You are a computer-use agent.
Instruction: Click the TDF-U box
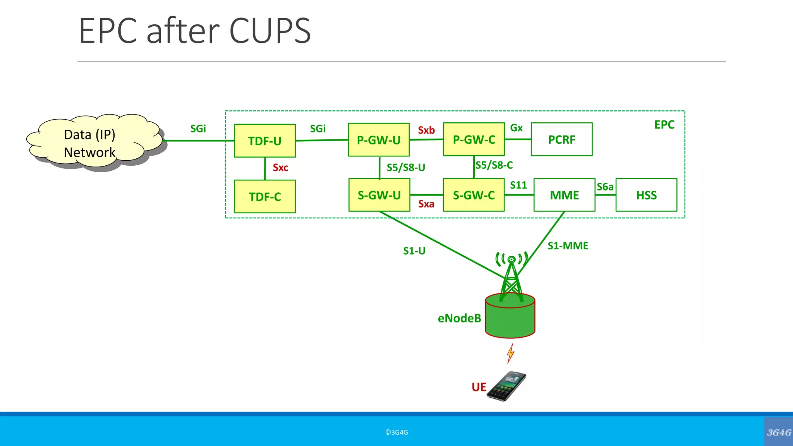pyautogui.click(x=265, y=141)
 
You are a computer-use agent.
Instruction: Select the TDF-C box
pyautogui.click(x=265, y=196)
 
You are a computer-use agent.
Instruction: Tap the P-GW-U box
pyautogui.click(x=379, y=140)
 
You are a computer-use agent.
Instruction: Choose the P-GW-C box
pyautogui.click(x=474, y=139)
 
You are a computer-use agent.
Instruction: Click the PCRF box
pyautogui.click(x=561, y=139)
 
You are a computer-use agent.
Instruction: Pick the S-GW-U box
pyautogui.click(x=379, y=195)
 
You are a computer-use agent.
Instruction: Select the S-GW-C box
pyautogui.click(x=474, y=195)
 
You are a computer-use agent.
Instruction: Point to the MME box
pyautogui.click(x=564, y=195)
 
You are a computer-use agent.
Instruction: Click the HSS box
pyautogui.click(x=646, y=195)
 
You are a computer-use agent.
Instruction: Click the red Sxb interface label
pyautogui.click(x=426, y=130)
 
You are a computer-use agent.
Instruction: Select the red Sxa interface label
pyautogui.click(x=426, y=204)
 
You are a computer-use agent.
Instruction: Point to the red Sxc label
pyautogui.click(x=280, y=168)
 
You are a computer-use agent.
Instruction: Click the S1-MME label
pyautogui.click(x=568, y=246)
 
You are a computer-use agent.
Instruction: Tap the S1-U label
pyautogui.click(x=414, y=251)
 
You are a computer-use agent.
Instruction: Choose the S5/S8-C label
pyautogui.click(x=494, y=165)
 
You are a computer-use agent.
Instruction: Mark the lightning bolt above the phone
pyautogui.click(x=511, y=353)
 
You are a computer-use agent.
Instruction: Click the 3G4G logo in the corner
pyautogui.click(x=778, y=432)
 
